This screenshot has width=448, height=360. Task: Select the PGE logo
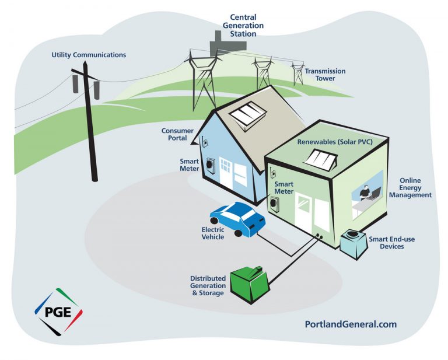[x=57, y=310]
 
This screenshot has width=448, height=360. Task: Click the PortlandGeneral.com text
[x=351, y=324]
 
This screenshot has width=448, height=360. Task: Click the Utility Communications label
[x=88, y=55]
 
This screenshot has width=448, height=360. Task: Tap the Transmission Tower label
[x=325, y=75]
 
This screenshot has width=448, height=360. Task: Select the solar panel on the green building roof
[x=320, y=158]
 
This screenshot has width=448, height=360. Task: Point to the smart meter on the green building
[x=272, y=204]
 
